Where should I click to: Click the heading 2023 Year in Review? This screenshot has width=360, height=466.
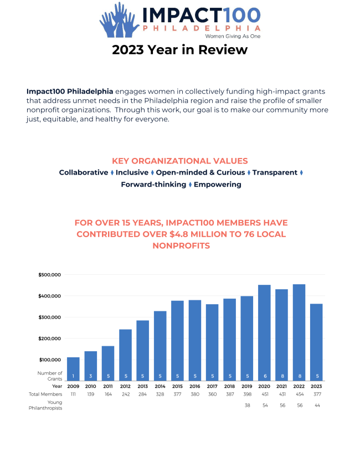pyautogui.click(x=179, y=50)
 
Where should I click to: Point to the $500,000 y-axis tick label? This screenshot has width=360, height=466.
pyautogui.click(x=49, y=275)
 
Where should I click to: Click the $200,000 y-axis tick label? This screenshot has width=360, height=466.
pyautogui.click(x=49, y=339)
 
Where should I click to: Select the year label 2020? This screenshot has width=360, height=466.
pyautogui.click(x=264, y=386)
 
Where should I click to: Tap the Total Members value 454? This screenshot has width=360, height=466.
pyautogui.click(x=299, y=394)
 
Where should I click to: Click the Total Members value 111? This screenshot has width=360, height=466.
pyautogui.click(x=73, y=394)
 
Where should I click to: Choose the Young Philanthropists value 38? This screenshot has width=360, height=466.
pyautogui.click(x=247, y=405)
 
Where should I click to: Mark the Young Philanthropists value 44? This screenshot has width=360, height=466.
pyautogui.click(x=316, y=405)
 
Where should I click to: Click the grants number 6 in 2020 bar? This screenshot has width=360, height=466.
pyautogui.click(x=264, y=376)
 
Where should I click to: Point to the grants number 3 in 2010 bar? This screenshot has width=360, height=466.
pyautogui.click(x=90, y=376)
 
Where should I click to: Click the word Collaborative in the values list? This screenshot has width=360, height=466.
pyautogui.click(x=84, y=172)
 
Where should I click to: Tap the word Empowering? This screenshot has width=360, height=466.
pyautogui.click(x=217, y=185)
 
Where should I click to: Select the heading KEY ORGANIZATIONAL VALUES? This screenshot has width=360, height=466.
pyautogui.click(x=179, y=161)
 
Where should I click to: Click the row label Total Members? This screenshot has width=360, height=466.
pyautogui.click(x=46, y=394)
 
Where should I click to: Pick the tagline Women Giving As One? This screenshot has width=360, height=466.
pyautogui.click(x=233, y=35)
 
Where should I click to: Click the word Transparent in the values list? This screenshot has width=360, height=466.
pyautogui.click(x=275, y=172)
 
